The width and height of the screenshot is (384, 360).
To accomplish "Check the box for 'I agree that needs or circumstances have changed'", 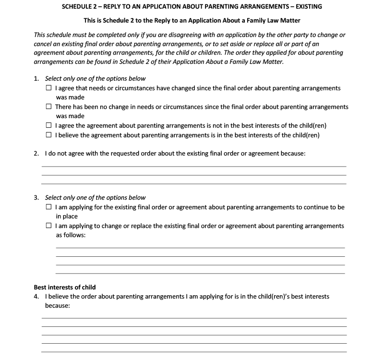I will [49, 88].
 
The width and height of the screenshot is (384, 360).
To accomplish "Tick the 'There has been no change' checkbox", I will [49, 107].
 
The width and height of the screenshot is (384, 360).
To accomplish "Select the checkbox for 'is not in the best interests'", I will [49, 126].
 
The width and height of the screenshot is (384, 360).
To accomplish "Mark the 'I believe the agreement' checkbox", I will [49, 135].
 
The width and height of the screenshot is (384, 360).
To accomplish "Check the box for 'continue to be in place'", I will [49, 207].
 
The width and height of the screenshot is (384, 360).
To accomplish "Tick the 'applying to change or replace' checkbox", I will [49, 226].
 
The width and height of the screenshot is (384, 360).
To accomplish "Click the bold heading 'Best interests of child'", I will [65, 288].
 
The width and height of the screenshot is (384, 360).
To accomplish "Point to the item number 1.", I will [36, 79].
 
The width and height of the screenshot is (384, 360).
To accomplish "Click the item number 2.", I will [36, 154].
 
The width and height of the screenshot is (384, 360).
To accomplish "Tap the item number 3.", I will [36, 197].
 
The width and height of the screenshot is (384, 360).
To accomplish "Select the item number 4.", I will [36, 297].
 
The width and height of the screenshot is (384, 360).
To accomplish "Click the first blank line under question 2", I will [194, 166].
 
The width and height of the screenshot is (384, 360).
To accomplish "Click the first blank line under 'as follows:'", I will [200, 248].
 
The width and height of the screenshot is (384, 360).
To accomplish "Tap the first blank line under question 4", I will [194, 318].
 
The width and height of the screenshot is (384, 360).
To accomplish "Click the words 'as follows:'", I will [71, 235].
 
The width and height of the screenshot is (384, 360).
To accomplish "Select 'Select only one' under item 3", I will [65, 197].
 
